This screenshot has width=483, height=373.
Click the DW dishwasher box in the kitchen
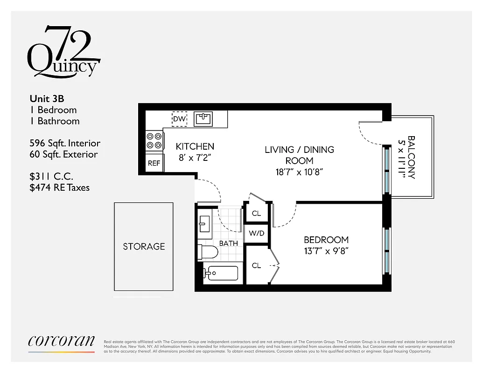point(180,119)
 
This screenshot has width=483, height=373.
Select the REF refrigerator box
point(154,164)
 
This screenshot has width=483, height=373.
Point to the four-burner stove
point(154,140)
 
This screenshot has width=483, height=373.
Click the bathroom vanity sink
point(204,224)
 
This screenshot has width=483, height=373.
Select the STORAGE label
point(144,246)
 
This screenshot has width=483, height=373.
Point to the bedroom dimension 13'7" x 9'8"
point(326,251)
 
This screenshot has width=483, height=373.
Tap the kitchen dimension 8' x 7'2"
point(195,158)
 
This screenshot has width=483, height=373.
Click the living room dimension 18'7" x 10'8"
point(299,172)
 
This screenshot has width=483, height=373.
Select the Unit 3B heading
point(47,98)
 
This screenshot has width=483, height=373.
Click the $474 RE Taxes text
point(59,187)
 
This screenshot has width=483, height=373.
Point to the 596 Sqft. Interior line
point(64,143)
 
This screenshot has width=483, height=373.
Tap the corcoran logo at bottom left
point(61,341)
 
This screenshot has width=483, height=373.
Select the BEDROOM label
point(326,240)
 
